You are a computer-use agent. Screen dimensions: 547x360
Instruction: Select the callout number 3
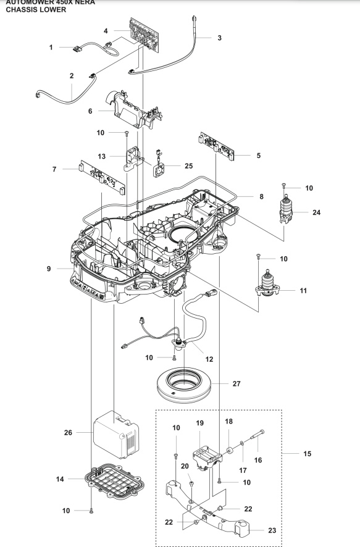click(219, 38)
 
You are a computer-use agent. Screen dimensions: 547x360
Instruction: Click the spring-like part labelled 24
click(286, 209)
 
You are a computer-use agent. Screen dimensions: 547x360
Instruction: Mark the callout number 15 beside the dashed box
click(306, 453)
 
